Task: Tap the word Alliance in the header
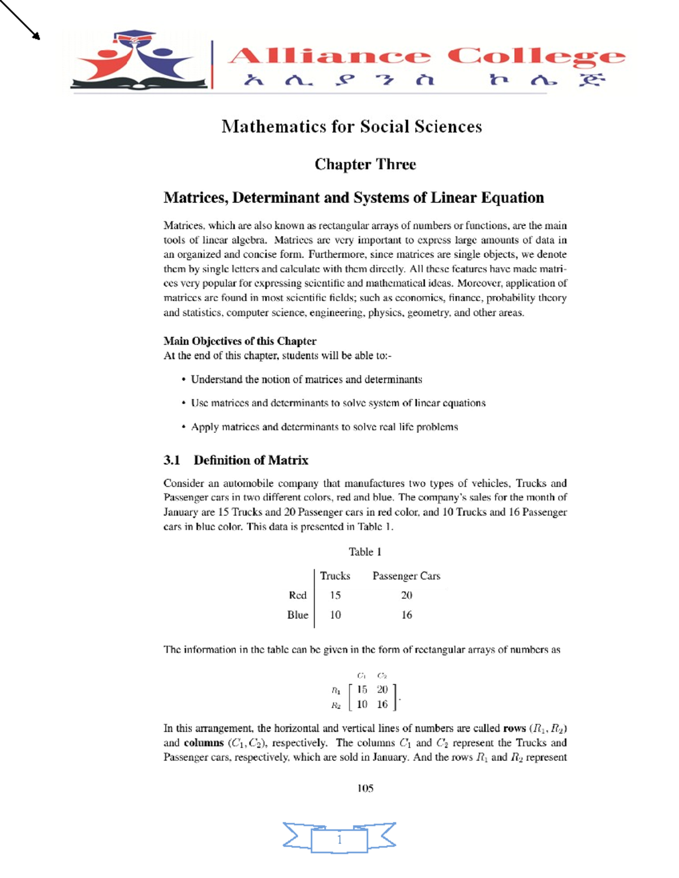(329, 57)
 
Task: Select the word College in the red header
(536, 57)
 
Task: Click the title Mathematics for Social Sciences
(351, 126)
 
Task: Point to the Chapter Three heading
(365, 165)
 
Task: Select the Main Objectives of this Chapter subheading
(239, 341)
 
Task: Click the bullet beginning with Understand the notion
(306, 379)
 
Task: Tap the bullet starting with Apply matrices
(324, 427)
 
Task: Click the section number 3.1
(171, 460)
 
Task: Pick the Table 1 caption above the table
(365, 552)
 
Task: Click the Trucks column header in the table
(335, 576)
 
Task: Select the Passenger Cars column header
(406, 576)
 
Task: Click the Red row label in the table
(298, 595)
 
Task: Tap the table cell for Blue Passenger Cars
(406, 615)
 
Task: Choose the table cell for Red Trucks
(335, 595)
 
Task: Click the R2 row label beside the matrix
(336, 705)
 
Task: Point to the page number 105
(365, 788)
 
